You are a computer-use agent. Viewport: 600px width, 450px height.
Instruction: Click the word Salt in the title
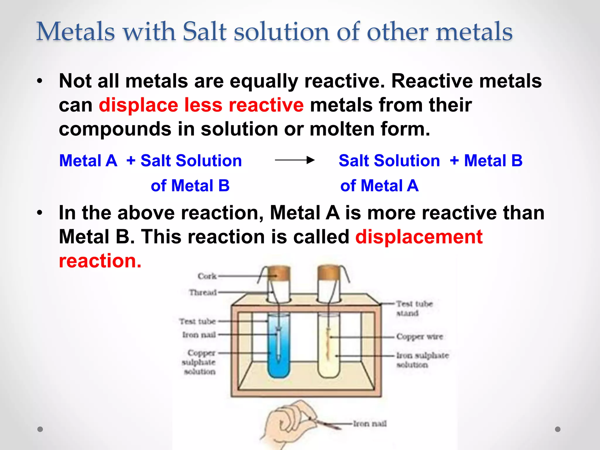click(204, 32)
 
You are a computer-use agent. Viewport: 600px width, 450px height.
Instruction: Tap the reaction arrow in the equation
click(294, 160)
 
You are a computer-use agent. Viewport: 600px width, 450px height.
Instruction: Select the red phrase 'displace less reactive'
click(201, 105)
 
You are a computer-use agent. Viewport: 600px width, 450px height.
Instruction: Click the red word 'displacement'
click(419, 237)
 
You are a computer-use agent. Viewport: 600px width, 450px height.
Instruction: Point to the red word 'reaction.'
click(100, 261)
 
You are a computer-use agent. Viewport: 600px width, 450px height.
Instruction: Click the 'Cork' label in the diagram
click(207, 276)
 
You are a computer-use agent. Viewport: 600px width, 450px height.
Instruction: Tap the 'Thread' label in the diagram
click(203, 292)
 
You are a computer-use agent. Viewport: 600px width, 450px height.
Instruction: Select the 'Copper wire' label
click(419, 337)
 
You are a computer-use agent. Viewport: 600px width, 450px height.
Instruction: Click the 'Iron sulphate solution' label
click(422, 360)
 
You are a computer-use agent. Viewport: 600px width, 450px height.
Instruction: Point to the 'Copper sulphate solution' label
click(199, 362)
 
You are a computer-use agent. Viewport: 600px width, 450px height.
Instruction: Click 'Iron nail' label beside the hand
click(369, 424)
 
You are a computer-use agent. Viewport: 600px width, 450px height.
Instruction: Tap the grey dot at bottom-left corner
click(40, 429)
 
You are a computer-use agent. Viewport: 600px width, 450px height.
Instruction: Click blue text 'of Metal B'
click(190, 186)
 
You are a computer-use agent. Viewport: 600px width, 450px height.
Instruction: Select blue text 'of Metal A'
click(379, 186)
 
